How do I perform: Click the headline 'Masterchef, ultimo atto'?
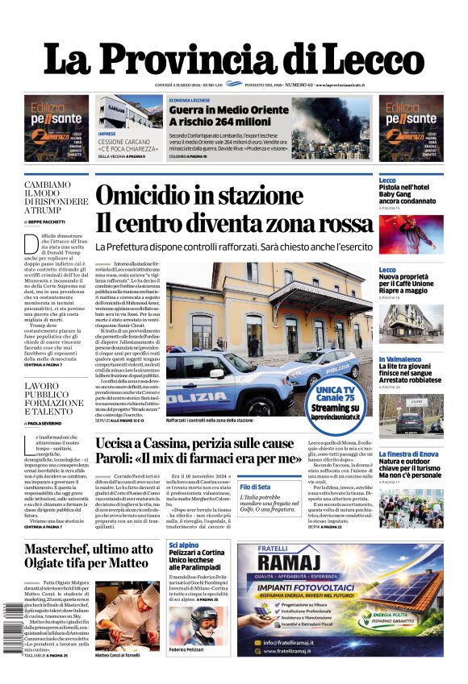(x=88, y=549)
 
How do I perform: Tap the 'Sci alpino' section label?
(x=182, y=545)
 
